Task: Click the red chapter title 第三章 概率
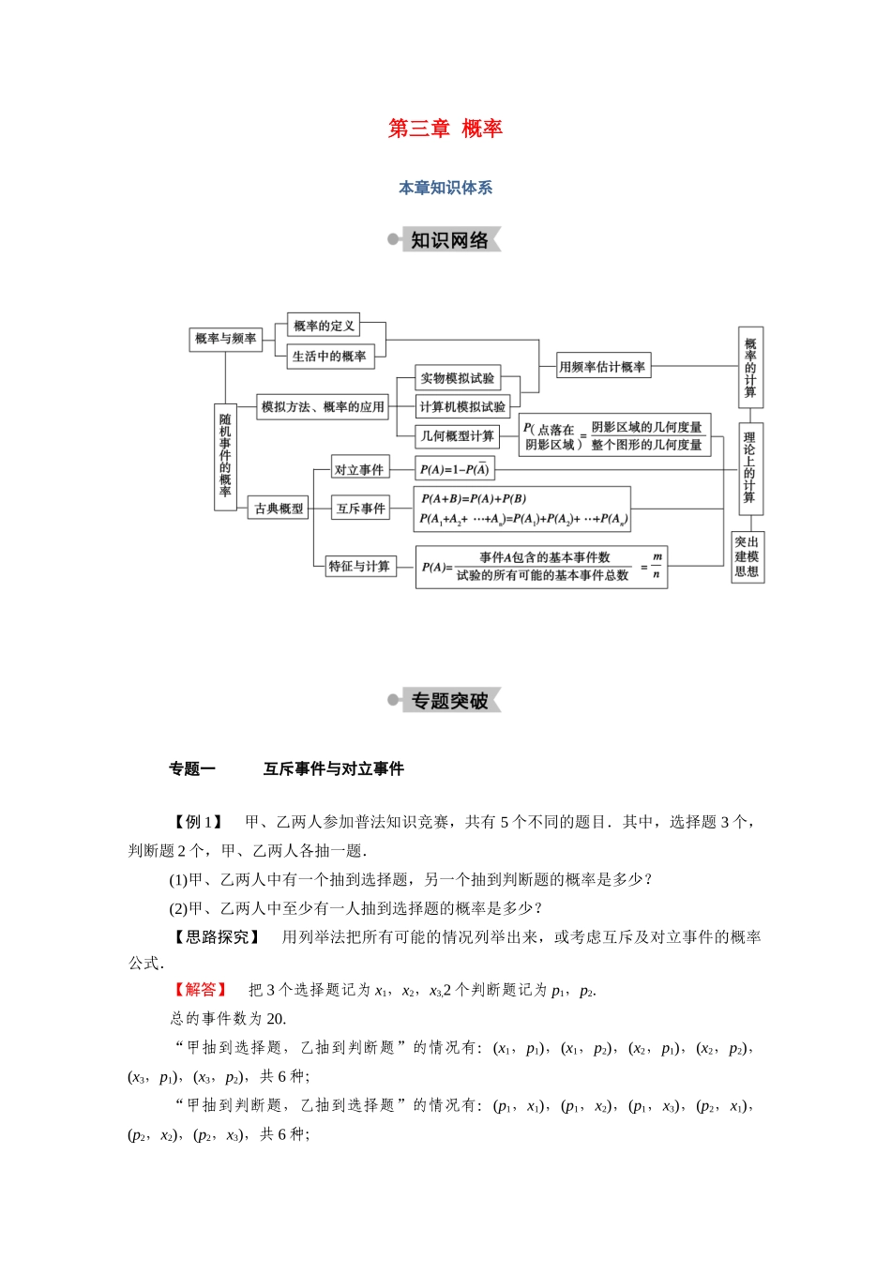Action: tap(445, 129)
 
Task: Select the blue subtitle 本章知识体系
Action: tap(445, 188)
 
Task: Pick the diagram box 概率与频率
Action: tap(225, 339)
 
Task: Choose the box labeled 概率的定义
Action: tap(324, 326)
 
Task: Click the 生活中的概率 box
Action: tap(329, 357)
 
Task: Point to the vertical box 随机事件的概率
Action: tap(225, 457)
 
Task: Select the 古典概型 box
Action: tap(279, 509)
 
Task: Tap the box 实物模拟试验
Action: tap(458, 378)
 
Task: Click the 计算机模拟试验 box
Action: tap(462, 407)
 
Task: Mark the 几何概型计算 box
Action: tap(458, 436)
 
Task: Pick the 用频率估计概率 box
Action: tap(603, 367)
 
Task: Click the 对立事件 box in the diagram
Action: tap(359, 469)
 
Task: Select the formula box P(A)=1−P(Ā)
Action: tap(454, 469)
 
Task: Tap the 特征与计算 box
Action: tap(359, 566)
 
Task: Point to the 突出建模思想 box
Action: tap(748, 556)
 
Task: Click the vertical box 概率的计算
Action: tap(750, 368)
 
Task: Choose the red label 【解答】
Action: tap(198, 990)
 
